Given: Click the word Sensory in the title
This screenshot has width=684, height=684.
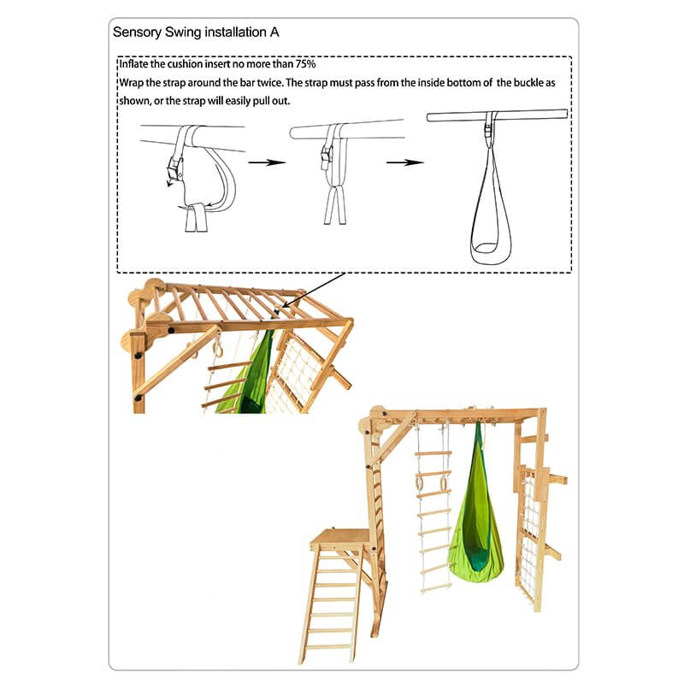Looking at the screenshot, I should coord(139,33).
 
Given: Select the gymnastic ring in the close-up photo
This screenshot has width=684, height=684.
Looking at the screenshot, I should coord(218,349).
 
